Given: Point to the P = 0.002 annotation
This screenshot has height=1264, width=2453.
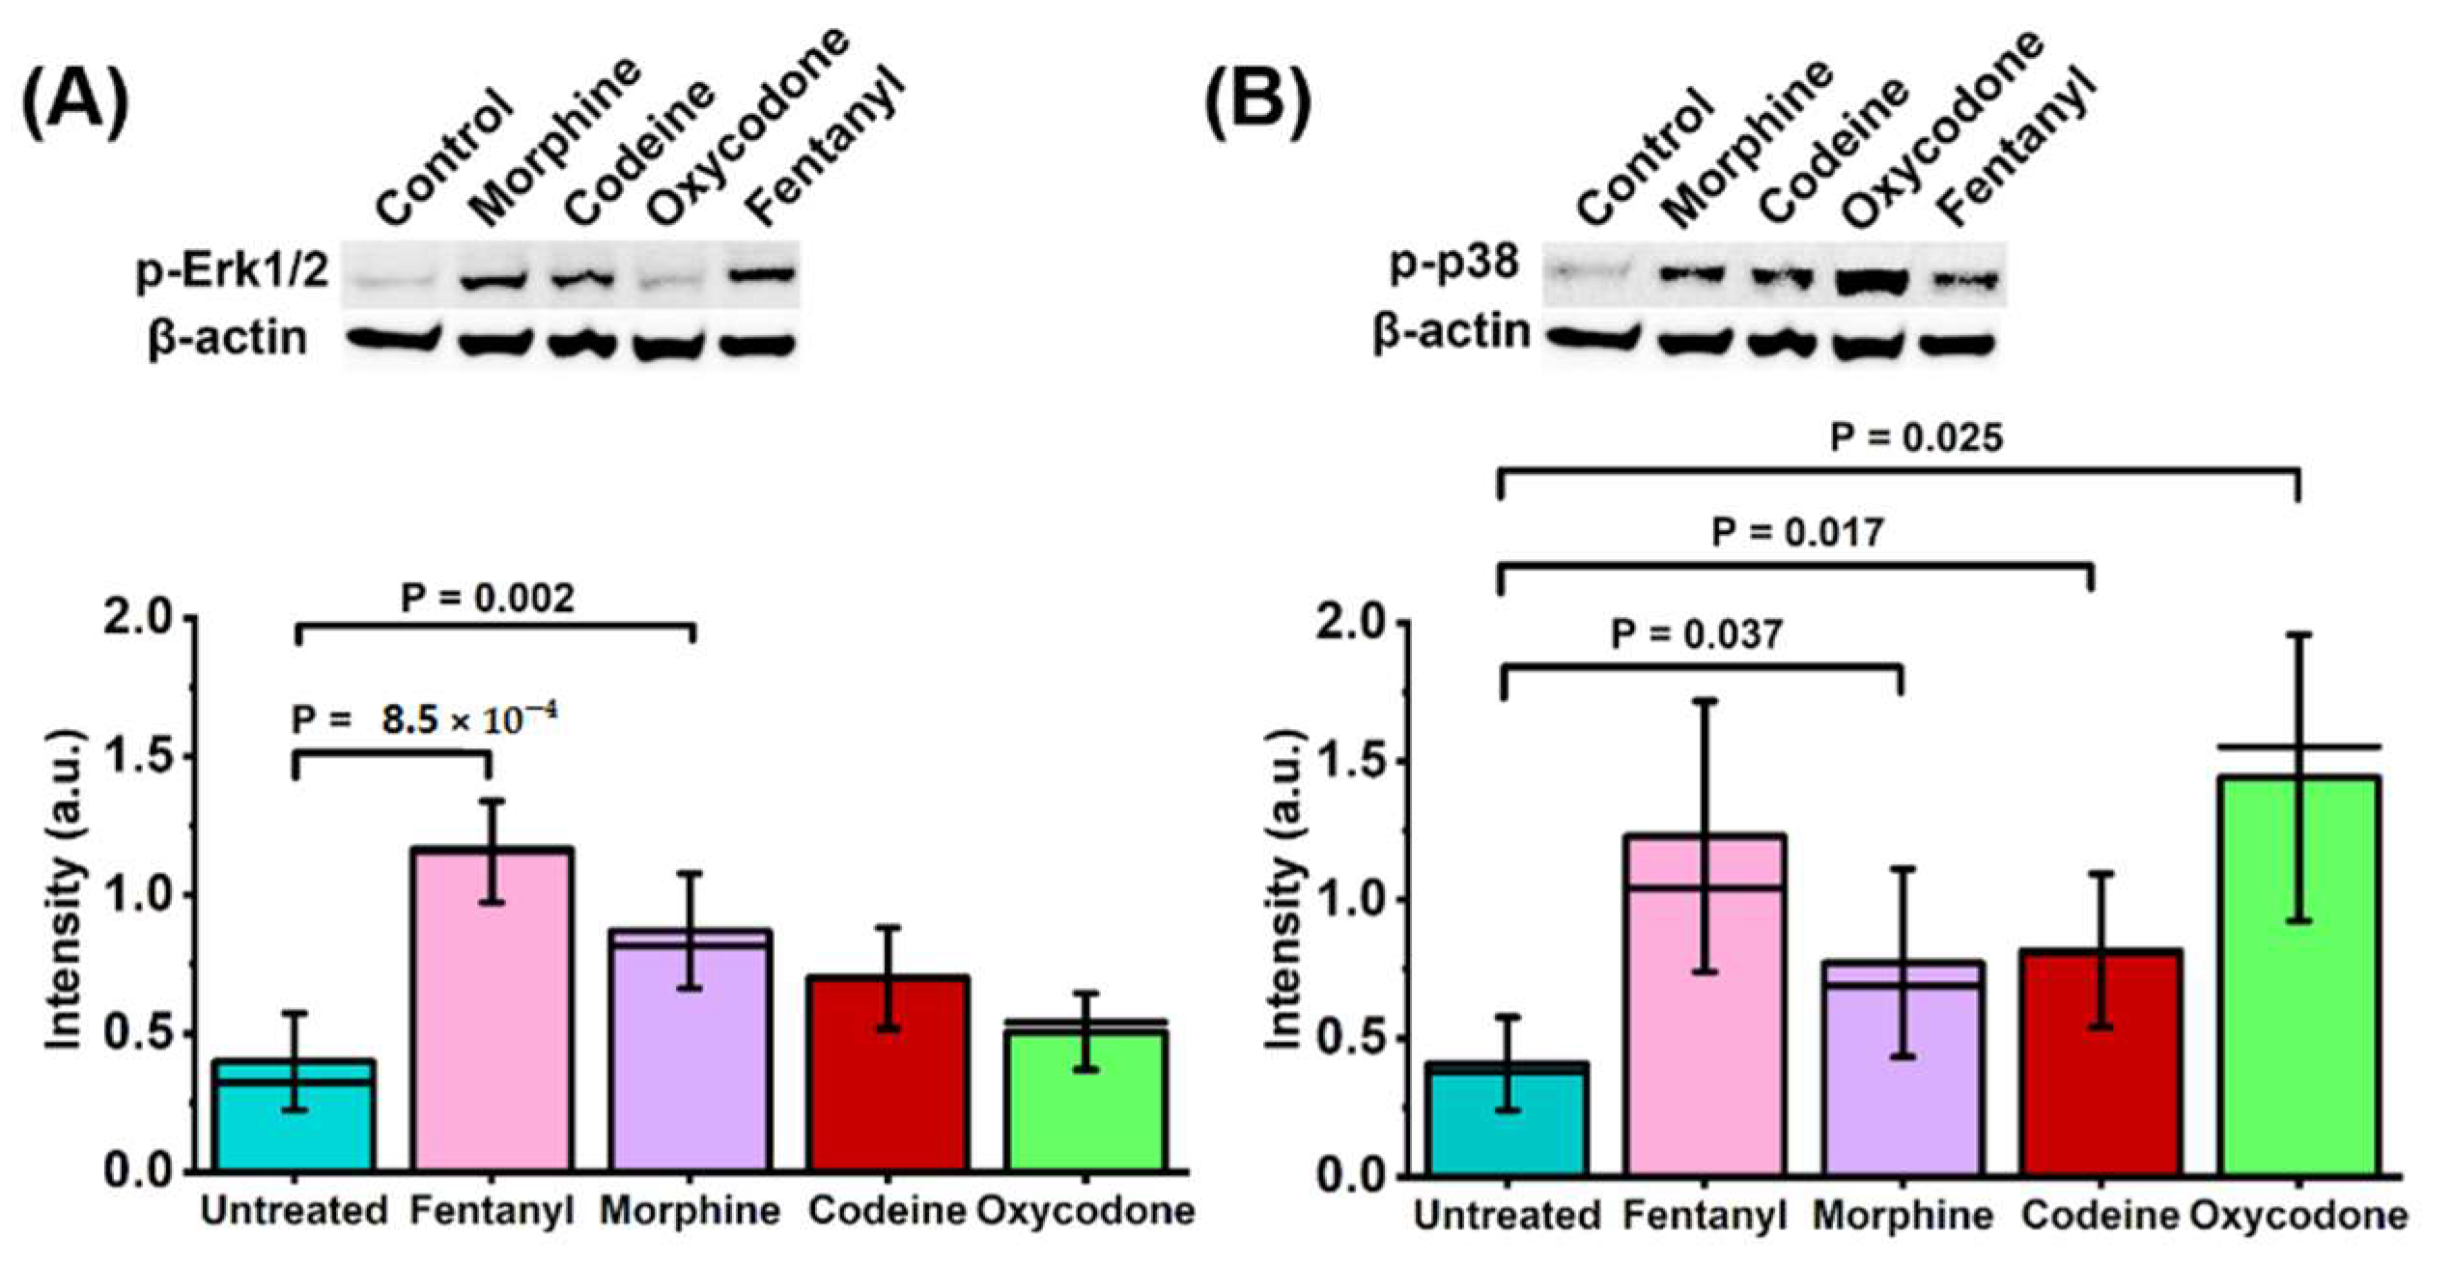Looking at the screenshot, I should tap(487, 598).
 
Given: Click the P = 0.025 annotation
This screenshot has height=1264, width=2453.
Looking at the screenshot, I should tap(1916, 438).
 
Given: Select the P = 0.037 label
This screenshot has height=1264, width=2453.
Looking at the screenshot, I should tap(1696, 634).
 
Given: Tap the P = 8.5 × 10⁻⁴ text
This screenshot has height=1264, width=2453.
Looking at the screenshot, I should tap(425, 719).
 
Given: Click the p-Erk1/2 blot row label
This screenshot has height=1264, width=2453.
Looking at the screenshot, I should tap(233, 272).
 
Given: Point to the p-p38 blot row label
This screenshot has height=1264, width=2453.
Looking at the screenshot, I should tap(1453, 263).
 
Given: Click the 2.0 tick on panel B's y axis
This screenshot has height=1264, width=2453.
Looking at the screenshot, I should tap(1353, 624).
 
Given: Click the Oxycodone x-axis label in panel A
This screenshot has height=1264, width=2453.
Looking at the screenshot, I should tap(1086, 1210).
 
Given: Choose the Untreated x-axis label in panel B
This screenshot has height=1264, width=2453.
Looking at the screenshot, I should tap(1508, 1215).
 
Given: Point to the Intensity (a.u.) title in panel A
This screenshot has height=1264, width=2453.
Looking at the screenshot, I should tap(65, 888).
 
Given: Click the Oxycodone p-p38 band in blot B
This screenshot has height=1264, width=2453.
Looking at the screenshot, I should tap(1874, 281).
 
